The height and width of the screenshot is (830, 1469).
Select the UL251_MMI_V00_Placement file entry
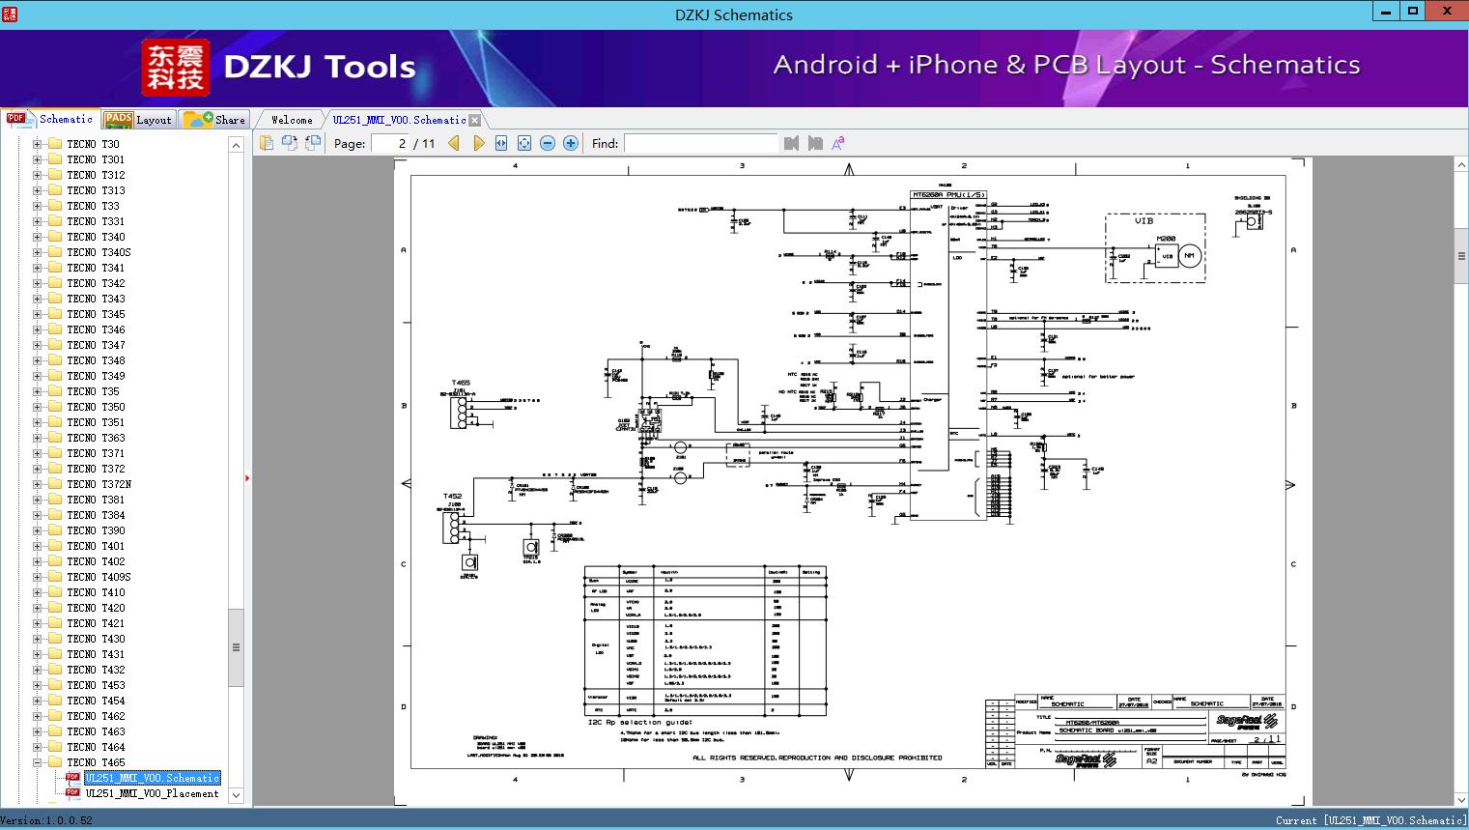152,793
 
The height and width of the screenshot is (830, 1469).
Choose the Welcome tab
292,120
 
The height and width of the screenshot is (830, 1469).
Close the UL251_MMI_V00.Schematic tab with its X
475,121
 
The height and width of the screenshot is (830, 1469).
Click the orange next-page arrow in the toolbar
478,143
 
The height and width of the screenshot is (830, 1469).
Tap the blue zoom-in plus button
571,143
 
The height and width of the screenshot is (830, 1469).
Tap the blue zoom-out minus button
548,143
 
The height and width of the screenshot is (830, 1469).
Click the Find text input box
700,143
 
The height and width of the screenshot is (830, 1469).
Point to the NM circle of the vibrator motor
1189,256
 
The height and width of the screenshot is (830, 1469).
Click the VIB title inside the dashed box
1144,221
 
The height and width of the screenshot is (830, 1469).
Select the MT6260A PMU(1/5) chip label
948,195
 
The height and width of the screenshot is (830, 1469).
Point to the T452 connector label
453,497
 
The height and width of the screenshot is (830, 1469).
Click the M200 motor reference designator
1166,238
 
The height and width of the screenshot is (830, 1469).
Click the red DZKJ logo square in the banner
175,68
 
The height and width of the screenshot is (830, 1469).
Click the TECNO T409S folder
99,577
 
